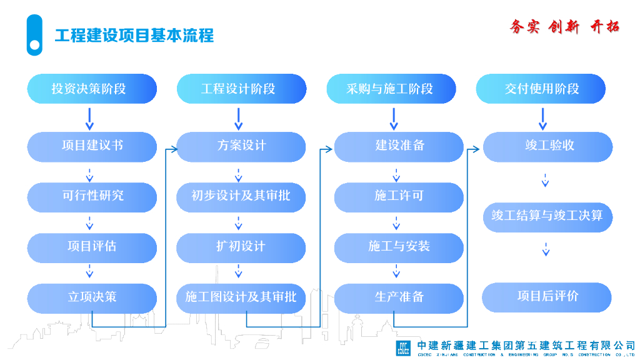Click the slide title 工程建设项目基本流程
(134, 36)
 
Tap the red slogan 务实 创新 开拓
(564, 27)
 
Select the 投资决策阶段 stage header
(91, 89)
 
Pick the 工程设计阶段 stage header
(241, 89)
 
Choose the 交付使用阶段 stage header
(541, 89)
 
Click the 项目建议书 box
(91, 146)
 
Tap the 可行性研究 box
(91, 196)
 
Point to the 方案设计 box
(241, 146)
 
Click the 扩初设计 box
(241, 247)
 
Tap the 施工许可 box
(399, 196)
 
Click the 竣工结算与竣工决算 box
(547, 216)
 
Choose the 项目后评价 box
(547, 297)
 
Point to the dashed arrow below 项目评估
(89, 271)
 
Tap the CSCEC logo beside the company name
(403, 347)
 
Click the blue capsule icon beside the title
(35, 35)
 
